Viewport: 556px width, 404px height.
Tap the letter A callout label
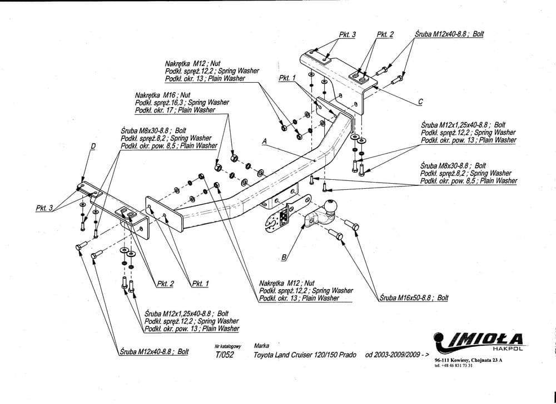[266, 142]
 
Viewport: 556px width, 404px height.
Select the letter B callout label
[284, 257]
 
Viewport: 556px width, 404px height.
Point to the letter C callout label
[420, 101]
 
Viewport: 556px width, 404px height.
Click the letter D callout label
[93, 147]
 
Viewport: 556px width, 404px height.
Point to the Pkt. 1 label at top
[287, 78]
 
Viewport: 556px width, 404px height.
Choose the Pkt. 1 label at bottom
[200, 284]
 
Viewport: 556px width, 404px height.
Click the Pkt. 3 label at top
[347, 34]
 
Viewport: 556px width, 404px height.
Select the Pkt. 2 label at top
[385, 34]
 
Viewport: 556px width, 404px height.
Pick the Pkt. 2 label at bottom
[165, 284]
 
